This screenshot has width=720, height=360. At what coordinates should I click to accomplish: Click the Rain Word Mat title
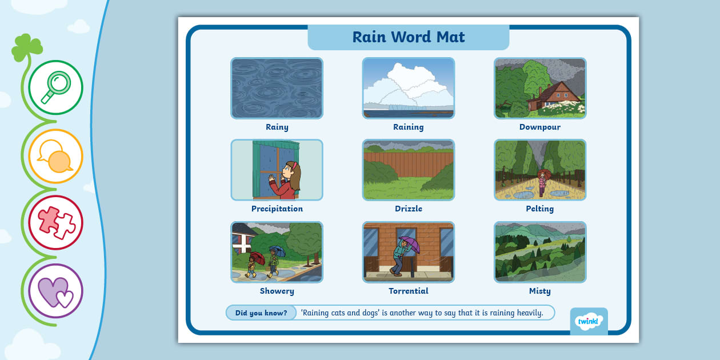click(x=409, y=37)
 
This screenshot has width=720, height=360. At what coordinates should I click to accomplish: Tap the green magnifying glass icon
click(x=55, y=87)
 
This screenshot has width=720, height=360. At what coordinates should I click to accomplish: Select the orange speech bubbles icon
click(x=55, y=156)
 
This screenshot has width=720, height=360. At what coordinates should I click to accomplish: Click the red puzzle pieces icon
click(x=55, y=222)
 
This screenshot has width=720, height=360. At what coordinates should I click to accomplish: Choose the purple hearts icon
click(x=55, y=290)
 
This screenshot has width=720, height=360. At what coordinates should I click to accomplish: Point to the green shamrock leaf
click(x=27, y=47)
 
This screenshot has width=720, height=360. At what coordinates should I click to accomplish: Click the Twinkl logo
click(x=589, y=321)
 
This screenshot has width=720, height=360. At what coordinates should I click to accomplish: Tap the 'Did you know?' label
click(x=261, y=313)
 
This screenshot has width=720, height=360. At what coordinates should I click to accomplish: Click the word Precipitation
click(x=277, y=209)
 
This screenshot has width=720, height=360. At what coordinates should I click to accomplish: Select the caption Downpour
click(x=540, y=127)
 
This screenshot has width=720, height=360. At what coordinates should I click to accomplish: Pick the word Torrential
click(x=409, y=291)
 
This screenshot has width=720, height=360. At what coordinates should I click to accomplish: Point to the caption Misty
click(x=540, y=291)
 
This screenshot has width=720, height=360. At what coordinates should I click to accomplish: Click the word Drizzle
click(x=409, y=209)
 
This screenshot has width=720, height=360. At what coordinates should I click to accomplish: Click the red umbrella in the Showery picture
click(x=258, y=257)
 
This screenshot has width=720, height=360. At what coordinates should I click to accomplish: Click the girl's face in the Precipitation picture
click(x=288, y=171)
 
